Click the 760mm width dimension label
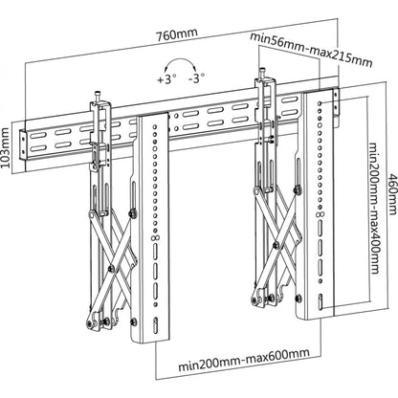(177, 33)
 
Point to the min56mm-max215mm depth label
(311, 50)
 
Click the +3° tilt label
(166, 78)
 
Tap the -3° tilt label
(196, 77)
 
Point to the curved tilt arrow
(180, 61)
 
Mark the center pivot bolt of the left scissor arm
(111, 268)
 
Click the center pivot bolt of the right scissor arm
(276, 245)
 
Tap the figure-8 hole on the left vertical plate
(157, 237)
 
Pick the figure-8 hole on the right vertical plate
(321, 214)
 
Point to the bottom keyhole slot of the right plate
(320, 301)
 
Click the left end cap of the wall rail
(23, 146)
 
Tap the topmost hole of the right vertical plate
(320, 103)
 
